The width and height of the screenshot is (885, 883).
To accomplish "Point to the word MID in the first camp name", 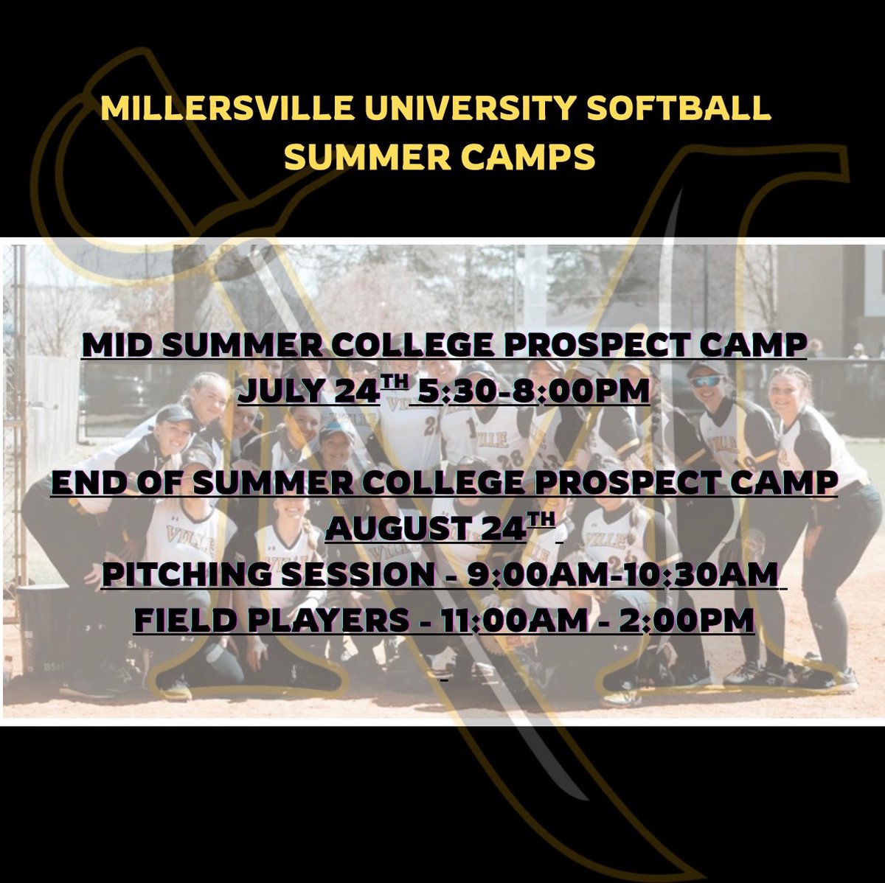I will pos(118,346).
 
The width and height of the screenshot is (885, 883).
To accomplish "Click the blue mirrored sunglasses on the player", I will pos(707,382).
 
